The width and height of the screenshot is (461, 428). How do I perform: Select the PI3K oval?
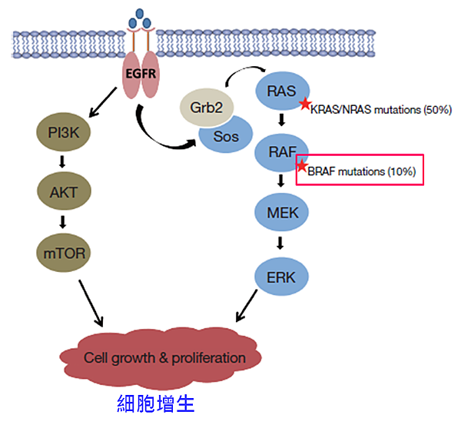tap(64, 133)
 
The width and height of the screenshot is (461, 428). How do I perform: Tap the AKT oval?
tap(64, 190)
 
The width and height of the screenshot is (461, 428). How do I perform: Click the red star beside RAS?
tap(305, 104)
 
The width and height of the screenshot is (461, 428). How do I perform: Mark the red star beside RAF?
tap(303, 166)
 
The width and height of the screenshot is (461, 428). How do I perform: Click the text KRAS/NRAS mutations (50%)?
tap(380, 110)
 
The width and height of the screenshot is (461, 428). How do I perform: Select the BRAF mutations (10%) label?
tap(362, 171)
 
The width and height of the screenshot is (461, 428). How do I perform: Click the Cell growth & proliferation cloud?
tap(164, 357)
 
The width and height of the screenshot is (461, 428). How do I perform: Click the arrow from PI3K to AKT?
tap(64, 161)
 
